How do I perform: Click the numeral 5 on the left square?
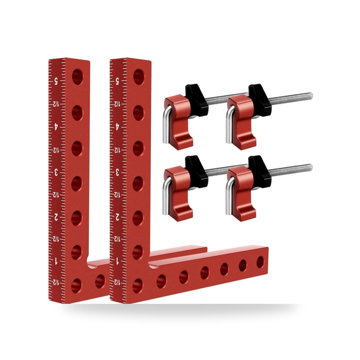56,81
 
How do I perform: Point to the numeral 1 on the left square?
56,261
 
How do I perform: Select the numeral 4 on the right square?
117,126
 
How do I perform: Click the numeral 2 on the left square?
56,217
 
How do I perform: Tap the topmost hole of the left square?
78,77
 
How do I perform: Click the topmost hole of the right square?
139,77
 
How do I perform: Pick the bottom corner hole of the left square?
76,286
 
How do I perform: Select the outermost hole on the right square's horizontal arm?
260,262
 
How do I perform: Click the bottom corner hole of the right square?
138,286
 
